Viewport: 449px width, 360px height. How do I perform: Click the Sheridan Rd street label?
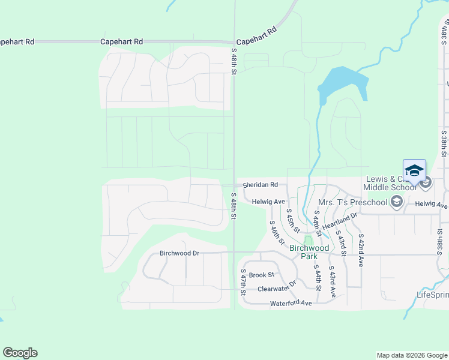click(260, 185)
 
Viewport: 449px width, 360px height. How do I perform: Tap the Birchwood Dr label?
click(179, 253)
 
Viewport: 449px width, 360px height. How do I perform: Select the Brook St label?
click(261, 275)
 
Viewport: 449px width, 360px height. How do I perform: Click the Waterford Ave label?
click(291, 304)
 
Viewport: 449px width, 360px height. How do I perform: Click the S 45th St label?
click(292, 220)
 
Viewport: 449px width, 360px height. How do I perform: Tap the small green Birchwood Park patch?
click(308, 241)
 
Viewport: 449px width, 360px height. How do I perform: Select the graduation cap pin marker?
click(414, 172)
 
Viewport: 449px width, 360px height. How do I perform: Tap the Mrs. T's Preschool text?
click(353, 202)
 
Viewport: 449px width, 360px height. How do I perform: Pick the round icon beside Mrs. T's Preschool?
click(396, 202)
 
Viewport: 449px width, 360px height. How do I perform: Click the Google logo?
click(20, 353)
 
